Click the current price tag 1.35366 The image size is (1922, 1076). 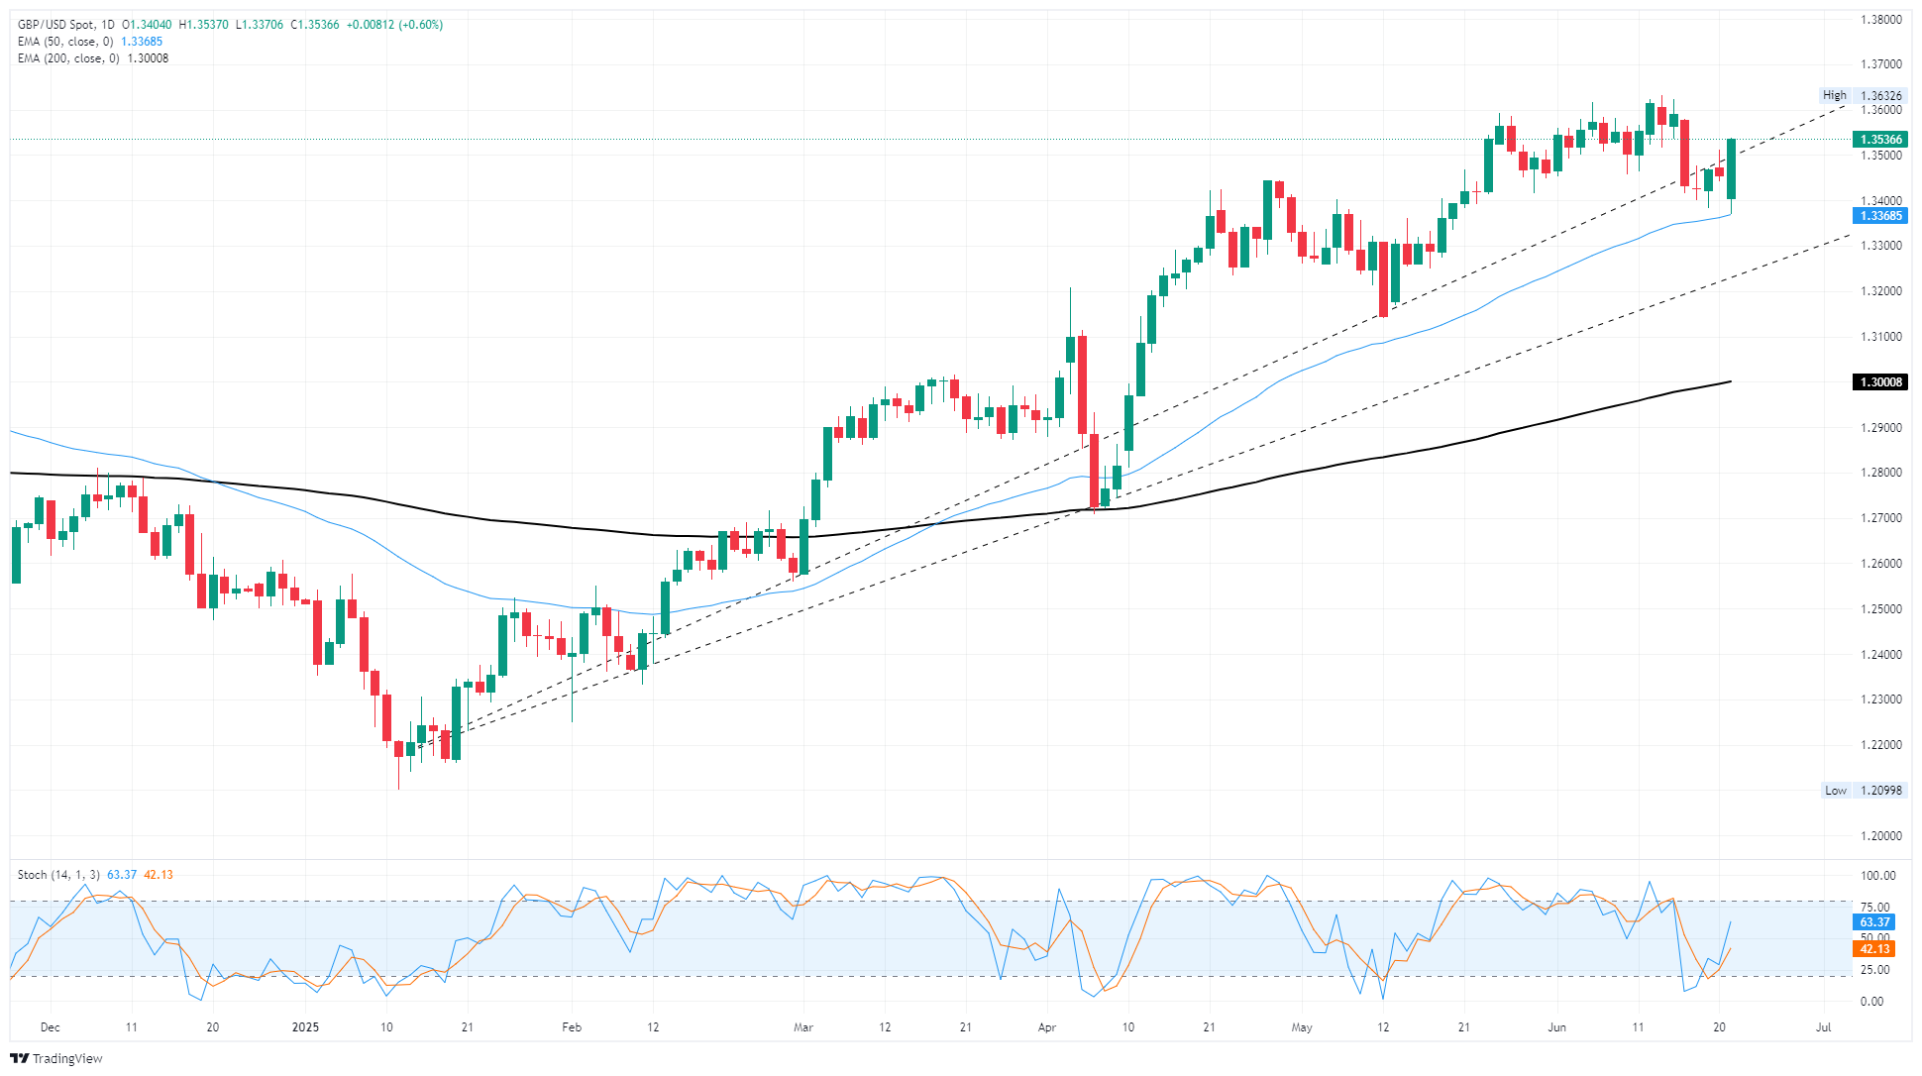pos(1879,140)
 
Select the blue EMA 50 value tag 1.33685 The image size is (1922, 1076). pos(1879,216)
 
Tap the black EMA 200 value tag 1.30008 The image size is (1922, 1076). pos(1879,382)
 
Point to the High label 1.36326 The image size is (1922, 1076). pos(1863,96)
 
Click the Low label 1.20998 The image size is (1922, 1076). pos(1863,791)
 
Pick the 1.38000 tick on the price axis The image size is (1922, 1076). pos(1880,20)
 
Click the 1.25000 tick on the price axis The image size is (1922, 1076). pos(1880,609)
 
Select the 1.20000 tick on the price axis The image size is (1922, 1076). pos(1880,836)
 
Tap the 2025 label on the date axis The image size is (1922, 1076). pos(305,1027)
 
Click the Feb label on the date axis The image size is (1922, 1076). pos(572,1027)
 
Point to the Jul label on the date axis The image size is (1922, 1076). pos(1823,1027)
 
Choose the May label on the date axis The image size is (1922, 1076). pos(1302,1027)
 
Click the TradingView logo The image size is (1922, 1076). pos(56,1058)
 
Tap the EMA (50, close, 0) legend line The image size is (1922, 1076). pos(65,42)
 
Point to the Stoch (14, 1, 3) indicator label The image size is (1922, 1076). pos(58,875)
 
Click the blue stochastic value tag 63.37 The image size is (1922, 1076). pos(1873,922)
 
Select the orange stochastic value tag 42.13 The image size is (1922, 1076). pos(1873,949)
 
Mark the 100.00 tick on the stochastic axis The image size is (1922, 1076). pos(1878,876)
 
